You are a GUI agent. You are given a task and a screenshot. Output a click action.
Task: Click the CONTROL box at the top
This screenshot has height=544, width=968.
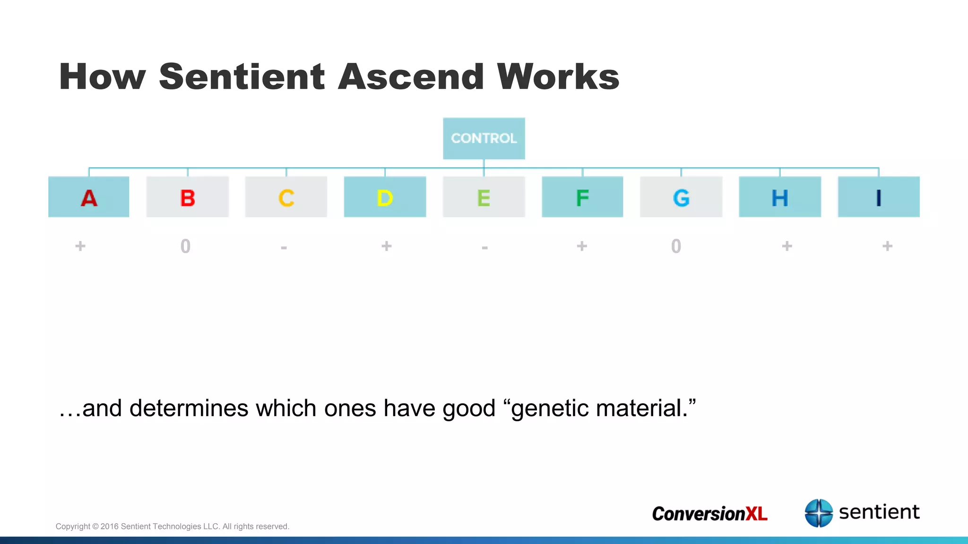point(484,138)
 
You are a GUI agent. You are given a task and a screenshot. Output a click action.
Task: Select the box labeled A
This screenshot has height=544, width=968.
point(89,197)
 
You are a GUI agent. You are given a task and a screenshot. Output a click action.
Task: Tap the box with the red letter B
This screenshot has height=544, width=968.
point(188,197)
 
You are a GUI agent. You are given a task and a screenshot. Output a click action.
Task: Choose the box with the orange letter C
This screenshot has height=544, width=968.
point(286,197)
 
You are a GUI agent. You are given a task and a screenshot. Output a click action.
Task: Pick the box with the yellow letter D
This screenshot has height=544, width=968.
point(385,197)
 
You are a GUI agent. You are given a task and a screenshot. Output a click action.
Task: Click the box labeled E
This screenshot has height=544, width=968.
point(484,197)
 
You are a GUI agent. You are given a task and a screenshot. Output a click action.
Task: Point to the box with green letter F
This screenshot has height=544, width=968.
point(582,197)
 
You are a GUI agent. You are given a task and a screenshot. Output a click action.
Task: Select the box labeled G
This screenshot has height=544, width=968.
point(681,197)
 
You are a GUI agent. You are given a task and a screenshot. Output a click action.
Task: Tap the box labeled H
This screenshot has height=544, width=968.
point(780,197)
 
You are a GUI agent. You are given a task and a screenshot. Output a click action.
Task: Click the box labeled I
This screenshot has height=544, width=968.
point(879,197)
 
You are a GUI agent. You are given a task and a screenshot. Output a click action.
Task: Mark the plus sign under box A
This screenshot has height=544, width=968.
point(80,246)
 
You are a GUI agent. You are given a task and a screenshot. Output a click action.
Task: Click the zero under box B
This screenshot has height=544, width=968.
point(185,246)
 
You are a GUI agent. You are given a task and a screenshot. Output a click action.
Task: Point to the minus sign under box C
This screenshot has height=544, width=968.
point(284,247)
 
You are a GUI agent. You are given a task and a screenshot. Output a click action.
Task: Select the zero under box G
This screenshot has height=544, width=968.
point(676,246)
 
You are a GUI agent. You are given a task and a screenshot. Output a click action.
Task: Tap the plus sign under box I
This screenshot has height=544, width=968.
point(887,246)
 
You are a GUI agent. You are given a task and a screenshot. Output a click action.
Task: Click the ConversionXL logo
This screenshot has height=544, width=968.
point(709,513)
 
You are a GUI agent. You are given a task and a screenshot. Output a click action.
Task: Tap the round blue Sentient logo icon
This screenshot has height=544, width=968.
point(819,513)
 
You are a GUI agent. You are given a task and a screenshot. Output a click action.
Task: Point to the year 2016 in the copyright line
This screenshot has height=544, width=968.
point(109,527)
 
